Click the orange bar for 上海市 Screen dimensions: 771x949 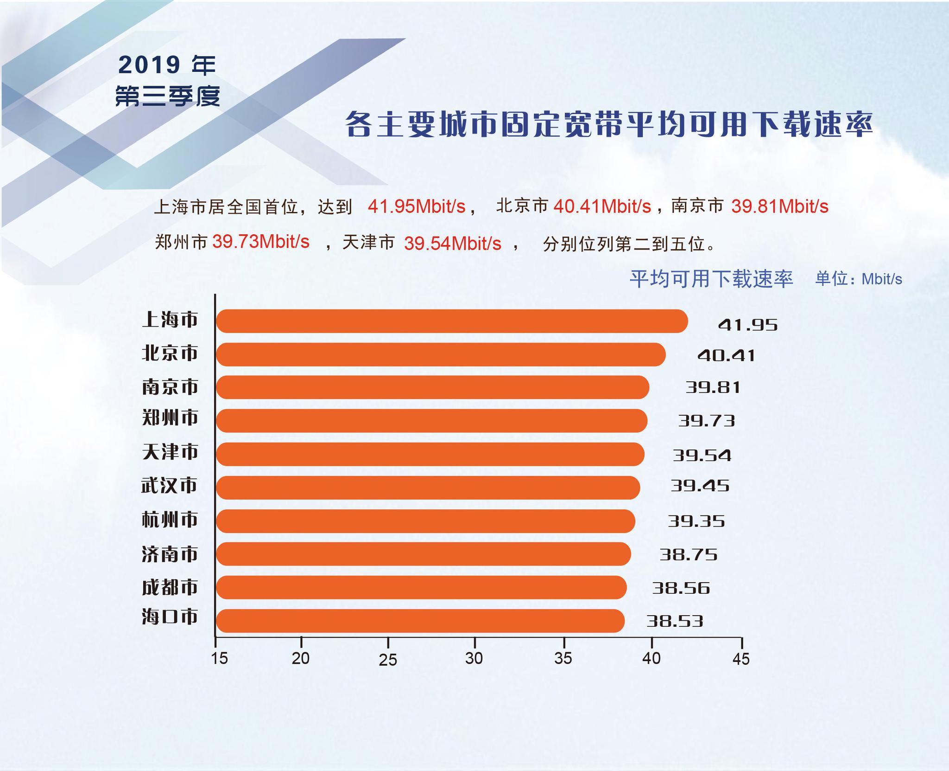coord(452,321)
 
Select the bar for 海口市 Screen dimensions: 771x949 coord(420,621)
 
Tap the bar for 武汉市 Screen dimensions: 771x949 coord(428,488)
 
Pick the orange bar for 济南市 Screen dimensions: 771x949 coord(423,554)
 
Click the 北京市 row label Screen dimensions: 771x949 coord(170,353)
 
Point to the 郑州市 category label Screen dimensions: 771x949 coord(170,418)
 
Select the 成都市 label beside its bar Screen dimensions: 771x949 coord(170,587)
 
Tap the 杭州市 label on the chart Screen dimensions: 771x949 coord(170,520)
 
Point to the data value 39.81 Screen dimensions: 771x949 coord(713,387)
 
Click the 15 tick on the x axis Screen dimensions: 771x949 coord(219,658)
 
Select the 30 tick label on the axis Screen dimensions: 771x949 coord(474,658)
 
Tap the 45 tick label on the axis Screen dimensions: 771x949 coord(741,659)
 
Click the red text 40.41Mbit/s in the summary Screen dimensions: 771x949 coord(602,206)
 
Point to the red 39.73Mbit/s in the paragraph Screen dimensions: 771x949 coord(261,242)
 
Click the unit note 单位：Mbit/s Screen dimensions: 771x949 coord(859,279)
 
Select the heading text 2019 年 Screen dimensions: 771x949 coord(167,65)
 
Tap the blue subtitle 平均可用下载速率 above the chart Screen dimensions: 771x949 coord(711,278)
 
